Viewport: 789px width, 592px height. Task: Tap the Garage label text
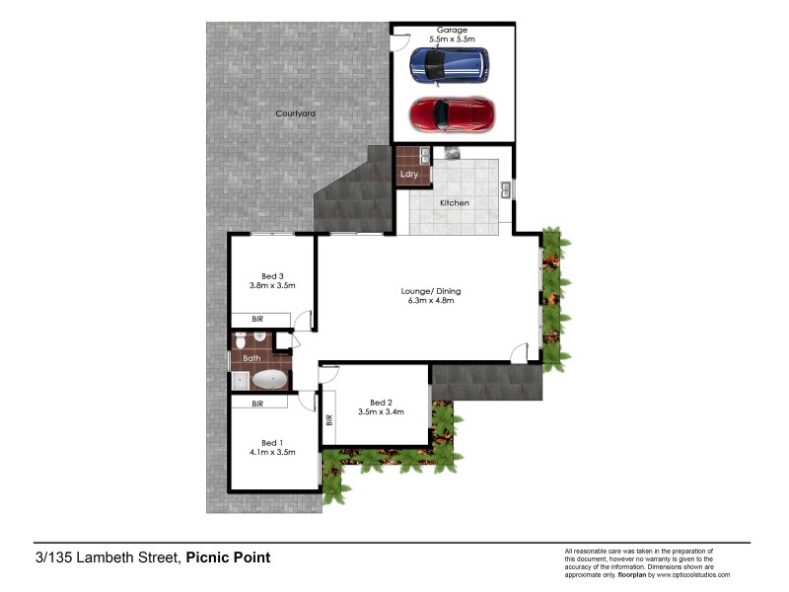[x=452, y=31]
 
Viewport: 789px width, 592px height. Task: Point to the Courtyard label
[x=295, y=113]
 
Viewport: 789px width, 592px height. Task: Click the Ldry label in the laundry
[x=409, y=174]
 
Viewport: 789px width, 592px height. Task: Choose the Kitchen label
[x=455, y=203]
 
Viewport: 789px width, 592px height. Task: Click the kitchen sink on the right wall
[x=505, y=187]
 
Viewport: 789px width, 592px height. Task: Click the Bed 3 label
[x=272, y=275]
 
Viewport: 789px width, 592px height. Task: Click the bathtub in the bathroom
[x=270, y=379]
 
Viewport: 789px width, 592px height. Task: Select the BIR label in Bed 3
[x=257, y=319]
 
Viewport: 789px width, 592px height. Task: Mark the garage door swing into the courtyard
[x=398, y=42]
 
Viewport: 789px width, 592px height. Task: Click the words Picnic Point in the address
[x=228, y=557]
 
